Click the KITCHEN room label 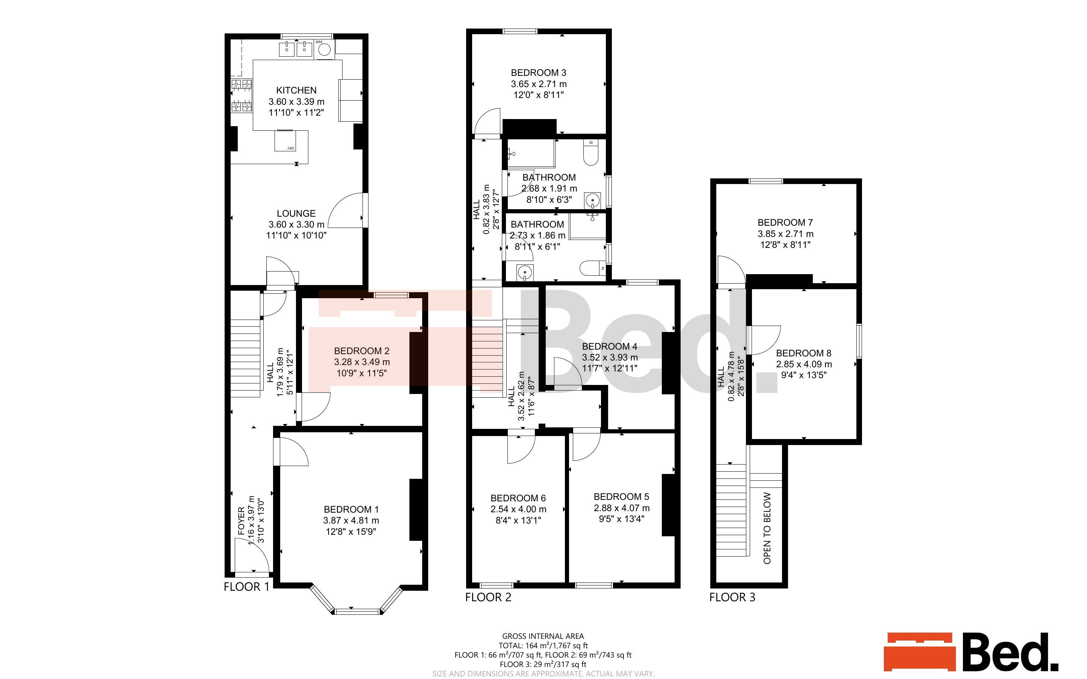(x=296, y=90)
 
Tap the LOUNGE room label (x=296, y=213)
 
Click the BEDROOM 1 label (x=351, y=509)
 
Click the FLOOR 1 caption (x=246, y=587)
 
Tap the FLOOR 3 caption (x=732, y=597)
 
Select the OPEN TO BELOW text (x=767, y=528)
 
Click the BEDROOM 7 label (x=785, y=222)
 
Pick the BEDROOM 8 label (x=804, y=353)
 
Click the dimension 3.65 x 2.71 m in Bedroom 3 (x=539, y=84)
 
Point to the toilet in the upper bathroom (x=591, y=153)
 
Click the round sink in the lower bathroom (x=524, y=272)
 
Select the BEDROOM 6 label (x=518, y=498)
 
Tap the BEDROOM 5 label (x=621, y=497)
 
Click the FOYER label (x=242, y=521)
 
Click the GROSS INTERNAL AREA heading (x=543, y=636)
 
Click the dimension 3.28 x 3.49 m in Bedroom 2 (x=362, y=362)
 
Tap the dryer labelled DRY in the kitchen (x=285, y=141)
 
